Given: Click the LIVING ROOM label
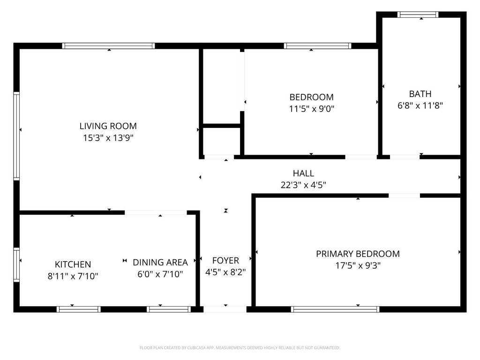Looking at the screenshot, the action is click(x=108, y=126).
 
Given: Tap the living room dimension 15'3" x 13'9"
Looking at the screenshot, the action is click(x=108, y=138).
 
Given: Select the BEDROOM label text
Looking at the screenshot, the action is click(x=311, y=97).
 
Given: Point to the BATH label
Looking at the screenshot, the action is click(x=420, y=94).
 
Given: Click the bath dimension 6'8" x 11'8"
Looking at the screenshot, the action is click(x=420, y=105).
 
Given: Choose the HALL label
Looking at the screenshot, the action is click(x=303, y=173).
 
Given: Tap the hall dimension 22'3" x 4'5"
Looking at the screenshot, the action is click(x=303, y=185).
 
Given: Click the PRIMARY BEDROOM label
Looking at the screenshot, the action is click(x=358, y=254).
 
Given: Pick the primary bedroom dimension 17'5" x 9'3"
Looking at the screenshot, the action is click(x=358, y=265).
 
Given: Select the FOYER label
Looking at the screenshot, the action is click(x=225, y=261).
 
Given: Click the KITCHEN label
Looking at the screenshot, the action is click(x=73, y=264).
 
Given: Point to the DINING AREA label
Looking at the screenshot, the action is click(x=160, y=262).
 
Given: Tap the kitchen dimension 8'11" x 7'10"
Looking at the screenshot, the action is click(x=73, y=276).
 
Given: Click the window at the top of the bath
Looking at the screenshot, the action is click(x=418, y=15).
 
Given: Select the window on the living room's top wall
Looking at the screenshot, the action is click(x=108, y=46).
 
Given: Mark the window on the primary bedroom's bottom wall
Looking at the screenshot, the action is click(x=335, y=309).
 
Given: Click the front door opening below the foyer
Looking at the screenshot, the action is click(x=225, y=309).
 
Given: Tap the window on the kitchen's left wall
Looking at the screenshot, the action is click(x=16, y=265).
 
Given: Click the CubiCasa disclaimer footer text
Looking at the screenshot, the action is click(x=240, y=348).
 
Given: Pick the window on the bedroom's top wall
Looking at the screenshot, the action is click(x=317, y=46).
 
